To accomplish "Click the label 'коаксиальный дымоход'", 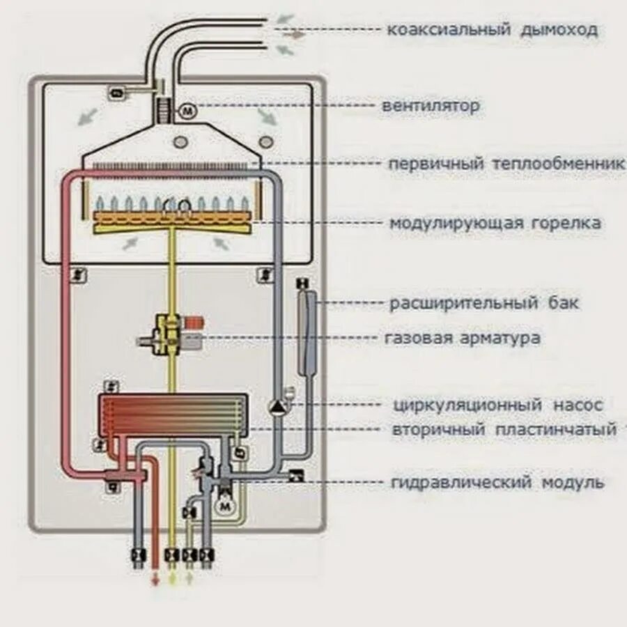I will [x=493, y=30].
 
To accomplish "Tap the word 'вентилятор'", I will [x=431, y=107].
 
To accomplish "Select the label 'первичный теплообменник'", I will [x=506, y=164].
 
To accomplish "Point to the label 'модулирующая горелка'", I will [x=495, y=224].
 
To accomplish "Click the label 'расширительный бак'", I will [x=484, y=304].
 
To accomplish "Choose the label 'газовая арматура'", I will [x=462, y=339].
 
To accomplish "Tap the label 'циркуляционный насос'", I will [x=497, y=405].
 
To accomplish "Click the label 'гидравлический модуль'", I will [x=497, y=482].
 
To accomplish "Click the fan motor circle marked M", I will [x=189, y=110].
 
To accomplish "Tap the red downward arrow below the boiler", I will [x=155, y=580].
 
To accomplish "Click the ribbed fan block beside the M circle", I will [x=165, y=110].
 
